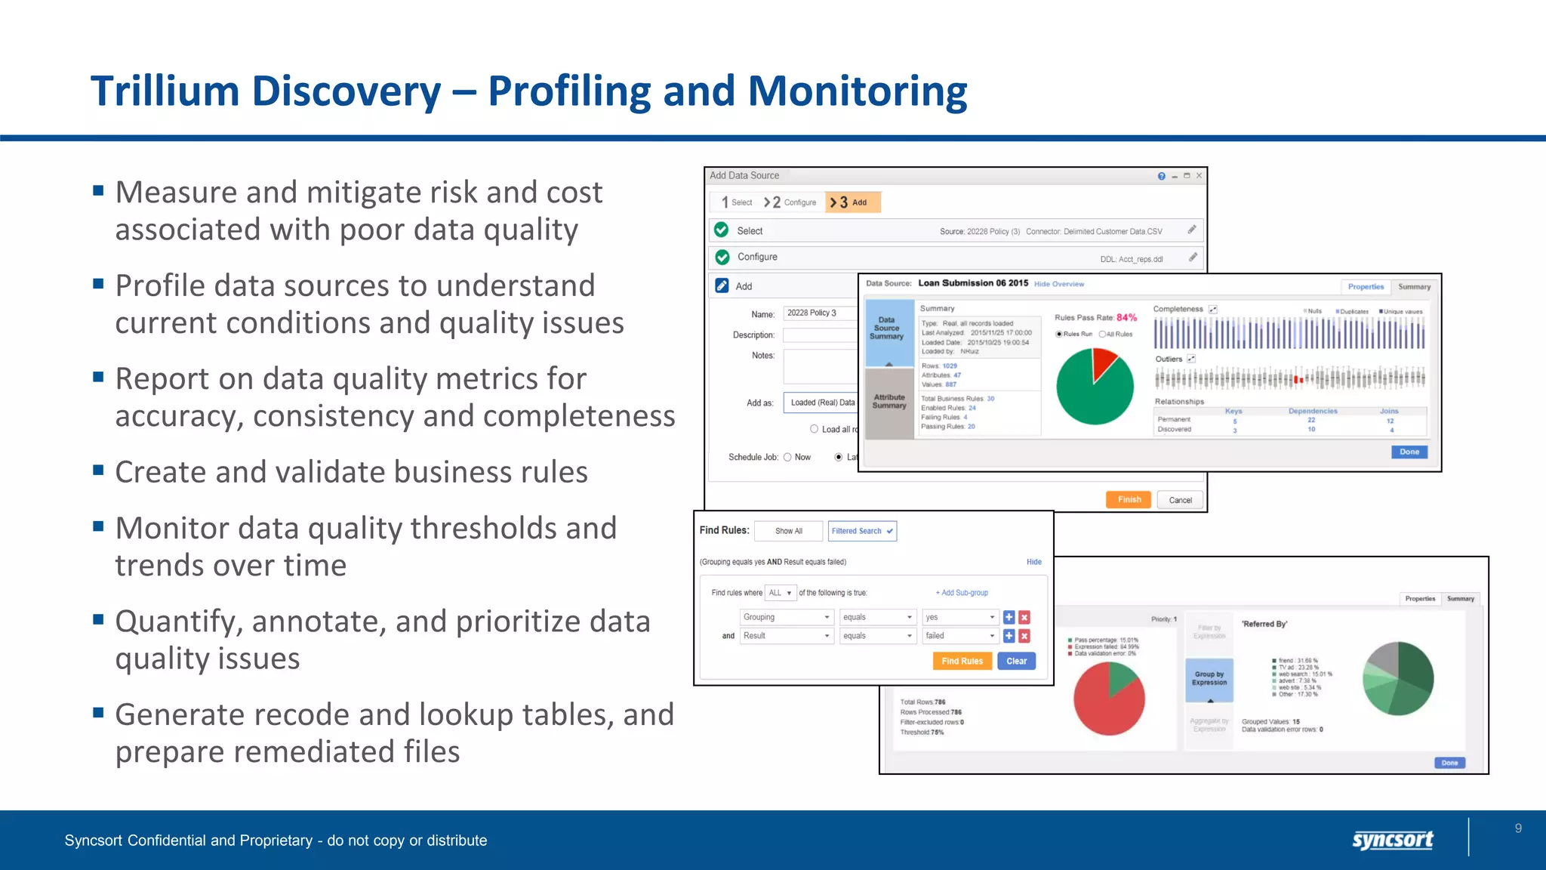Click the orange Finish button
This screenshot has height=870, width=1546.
pos(1129,500)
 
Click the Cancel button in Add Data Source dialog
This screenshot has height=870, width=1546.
pos(1180,500)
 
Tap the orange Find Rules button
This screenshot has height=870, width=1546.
pos(962,661)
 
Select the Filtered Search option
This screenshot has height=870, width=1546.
pos(861,531)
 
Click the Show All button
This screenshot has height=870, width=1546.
pos(788,531)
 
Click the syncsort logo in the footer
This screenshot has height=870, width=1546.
pos(1392,839)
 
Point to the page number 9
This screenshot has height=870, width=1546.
pos(1518,828)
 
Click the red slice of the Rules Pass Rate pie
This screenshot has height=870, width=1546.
pos(1104,363)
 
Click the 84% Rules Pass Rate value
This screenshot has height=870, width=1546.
pos(1126,317)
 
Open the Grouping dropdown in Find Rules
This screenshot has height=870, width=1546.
pos(787,617)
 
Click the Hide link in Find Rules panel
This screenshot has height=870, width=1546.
pos(1033,562)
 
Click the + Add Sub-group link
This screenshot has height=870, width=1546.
pos(962,593)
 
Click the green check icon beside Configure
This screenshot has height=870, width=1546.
pos(722,257)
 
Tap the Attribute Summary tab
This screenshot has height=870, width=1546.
pos(889,402)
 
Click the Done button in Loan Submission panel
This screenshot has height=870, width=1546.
pos(1409,452)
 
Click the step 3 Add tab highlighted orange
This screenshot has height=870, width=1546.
pos(852,202)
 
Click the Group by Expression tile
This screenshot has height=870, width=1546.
pos(1209,678)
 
